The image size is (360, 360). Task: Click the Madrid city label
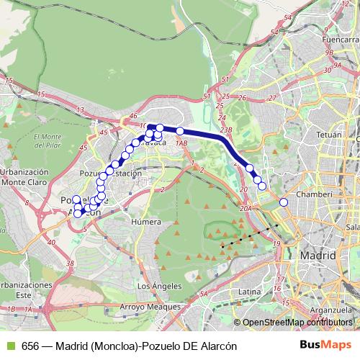click(318, 256)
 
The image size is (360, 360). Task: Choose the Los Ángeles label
click(154, 286)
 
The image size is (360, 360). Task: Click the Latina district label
click(248, 291)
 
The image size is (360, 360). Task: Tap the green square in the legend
click(9, 346)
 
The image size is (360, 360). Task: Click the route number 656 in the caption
click(30, 346)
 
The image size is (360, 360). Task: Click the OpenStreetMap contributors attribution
click(297, 322)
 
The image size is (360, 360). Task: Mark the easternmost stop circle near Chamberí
click(284, 202)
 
